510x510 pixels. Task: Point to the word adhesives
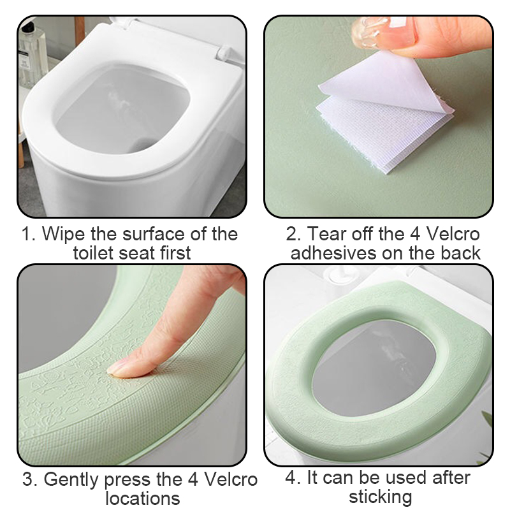[x=335, y=252]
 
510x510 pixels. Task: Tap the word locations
[x=142, y=498]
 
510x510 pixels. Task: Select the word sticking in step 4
[x=380, y=496]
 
